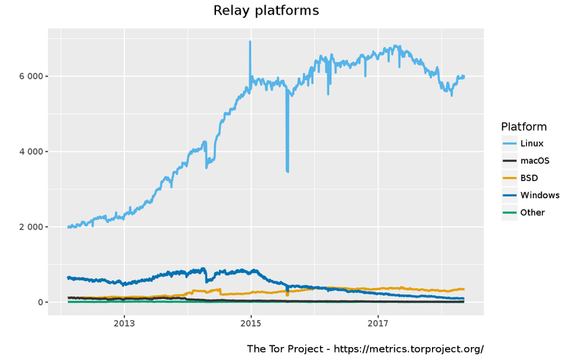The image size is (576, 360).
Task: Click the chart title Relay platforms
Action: click(x=266, y=11)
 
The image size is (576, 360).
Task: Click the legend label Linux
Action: click(x=531, y=143)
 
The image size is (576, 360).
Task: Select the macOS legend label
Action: click(x=534, y=161)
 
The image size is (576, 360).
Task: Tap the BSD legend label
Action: click(x=529, y=178)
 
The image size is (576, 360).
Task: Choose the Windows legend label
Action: click(x=539, y=195)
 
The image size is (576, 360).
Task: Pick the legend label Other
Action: click(x=532, y=212)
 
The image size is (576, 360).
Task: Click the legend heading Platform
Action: click(x=524, y=127)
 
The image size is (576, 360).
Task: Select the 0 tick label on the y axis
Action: click(x=40, y=302)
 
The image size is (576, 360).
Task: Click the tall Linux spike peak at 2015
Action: click(x=250, y=42)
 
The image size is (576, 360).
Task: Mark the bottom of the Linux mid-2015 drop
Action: click(x=287, y=171)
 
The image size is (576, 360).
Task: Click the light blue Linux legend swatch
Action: click(x=510, y=143)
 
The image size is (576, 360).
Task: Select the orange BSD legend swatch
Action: click(x=510, y=178)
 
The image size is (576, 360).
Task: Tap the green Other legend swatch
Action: click(x=510, y=212)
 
